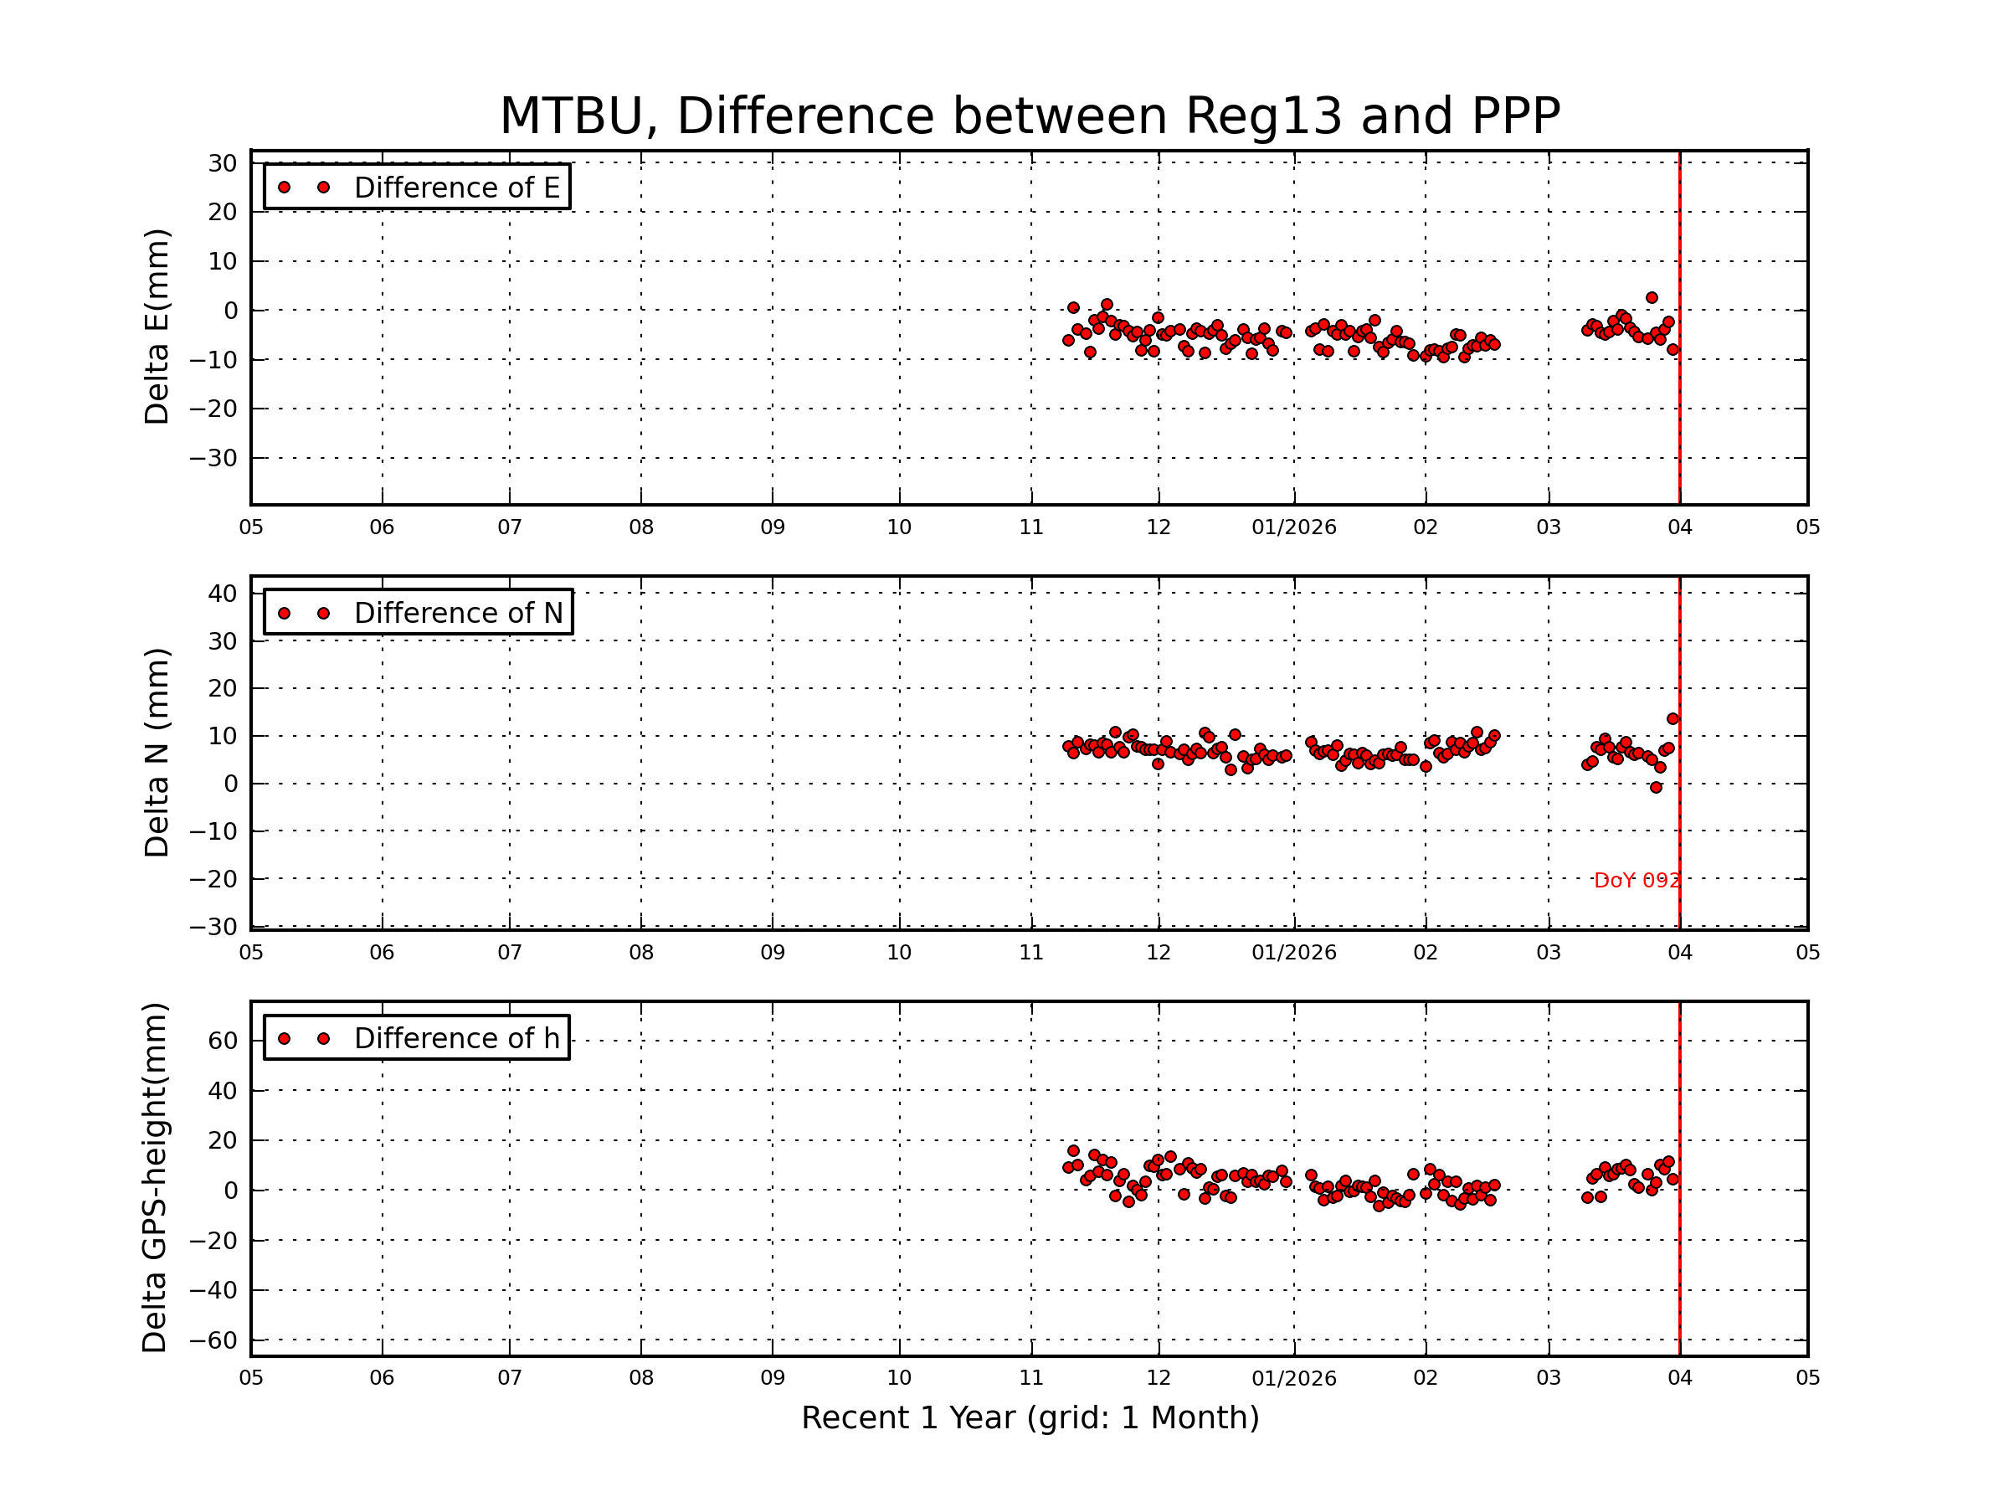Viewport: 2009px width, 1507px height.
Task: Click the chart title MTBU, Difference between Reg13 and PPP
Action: tap(1030, 116)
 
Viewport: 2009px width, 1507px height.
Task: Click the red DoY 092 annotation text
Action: tap(1636, 880)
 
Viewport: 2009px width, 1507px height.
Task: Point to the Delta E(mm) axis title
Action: tap(157, 327)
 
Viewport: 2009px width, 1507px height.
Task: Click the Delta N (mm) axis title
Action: tap(157, 752)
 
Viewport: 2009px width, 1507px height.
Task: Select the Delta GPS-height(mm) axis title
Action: tap(154, 1178)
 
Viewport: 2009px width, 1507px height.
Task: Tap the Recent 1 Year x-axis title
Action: tap(1030, 1418)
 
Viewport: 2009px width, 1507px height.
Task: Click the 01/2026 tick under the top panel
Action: tap(1293, 527)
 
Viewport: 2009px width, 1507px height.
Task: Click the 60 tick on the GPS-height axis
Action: tap(223, 1041)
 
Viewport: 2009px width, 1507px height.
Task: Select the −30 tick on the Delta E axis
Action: tap(213, 459)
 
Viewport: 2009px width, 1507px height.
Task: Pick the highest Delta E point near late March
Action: tap(1652, 298)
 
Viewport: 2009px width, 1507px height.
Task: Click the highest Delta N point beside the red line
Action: tap(1672, 719)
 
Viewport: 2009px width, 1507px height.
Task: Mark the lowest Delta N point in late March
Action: tap(1656, 788)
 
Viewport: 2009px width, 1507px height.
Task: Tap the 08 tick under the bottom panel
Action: tap(641, 1378)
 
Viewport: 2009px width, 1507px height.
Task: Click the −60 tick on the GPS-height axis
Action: tap(213, 1340)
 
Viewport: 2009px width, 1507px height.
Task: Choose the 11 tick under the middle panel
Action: tap(1030, 953)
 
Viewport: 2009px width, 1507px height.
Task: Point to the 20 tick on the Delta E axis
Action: tap(223, 213)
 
